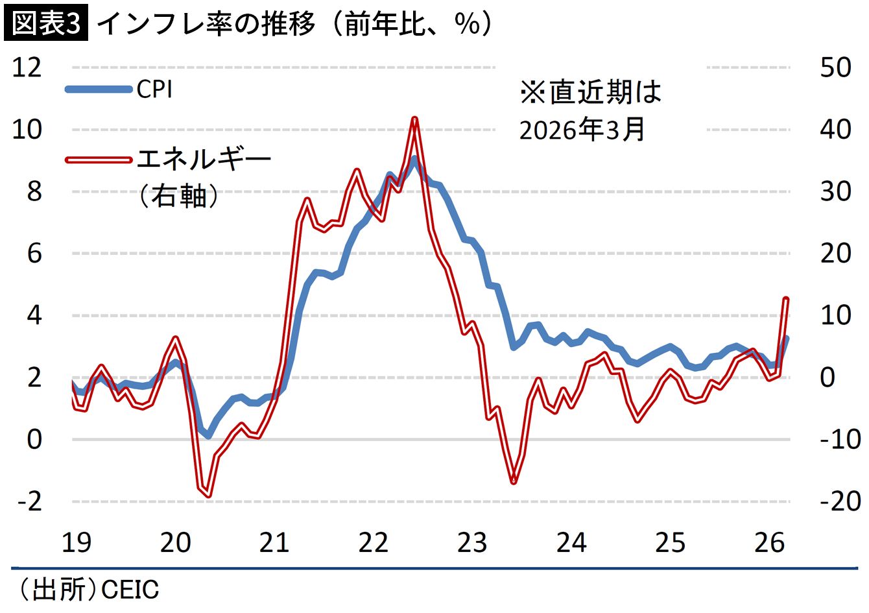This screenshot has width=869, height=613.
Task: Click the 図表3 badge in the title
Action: (x=45, y=23)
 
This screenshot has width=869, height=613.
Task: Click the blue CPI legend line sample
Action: (x=99, y=90)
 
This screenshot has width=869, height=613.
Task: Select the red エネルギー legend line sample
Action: (x=99, y=160)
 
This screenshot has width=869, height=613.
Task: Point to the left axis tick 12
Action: (x=27, y=67)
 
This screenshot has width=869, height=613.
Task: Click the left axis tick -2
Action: (x=27, y=501)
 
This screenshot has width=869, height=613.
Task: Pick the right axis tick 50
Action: (x=835, y=67)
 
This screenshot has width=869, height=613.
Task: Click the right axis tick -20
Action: (x=839, y=501)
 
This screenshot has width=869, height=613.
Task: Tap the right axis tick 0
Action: (x=827, y=378)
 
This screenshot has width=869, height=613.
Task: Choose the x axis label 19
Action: (x=77, y=542)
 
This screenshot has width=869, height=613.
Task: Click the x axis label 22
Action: (x=373, y=542)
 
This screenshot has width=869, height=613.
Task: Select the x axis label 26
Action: (x=769, y=542)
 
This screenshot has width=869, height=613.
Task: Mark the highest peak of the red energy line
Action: (x=415, y=119)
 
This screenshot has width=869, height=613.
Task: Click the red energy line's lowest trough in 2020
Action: (x=208, y=495)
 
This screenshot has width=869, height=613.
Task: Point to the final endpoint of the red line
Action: (x=786, y=299)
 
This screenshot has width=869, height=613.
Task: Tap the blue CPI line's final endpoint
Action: (x=786, y=338)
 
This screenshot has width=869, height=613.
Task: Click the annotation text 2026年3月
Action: (x=582, y=130)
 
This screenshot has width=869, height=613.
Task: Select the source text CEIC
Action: (x=130, y=590)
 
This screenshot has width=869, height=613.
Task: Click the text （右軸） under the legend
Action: (x=178, y=195)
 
